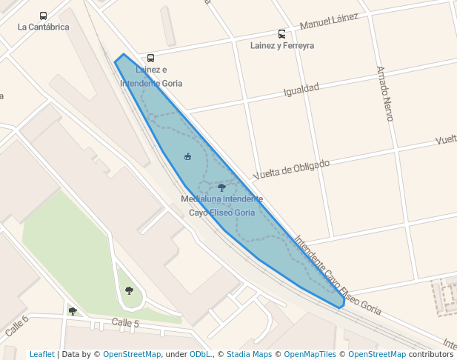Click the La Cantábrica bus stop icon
(43, 16)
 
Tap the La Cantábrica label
(43, 27)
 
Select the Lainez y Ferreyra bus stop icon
(281, 34)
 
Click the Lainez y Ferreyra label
(282, 46)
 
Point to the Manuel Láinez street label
(329, 22)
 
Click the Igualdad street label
(301, 90)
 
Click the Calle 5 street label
(125, 323)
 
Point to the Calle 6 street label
(16, 327)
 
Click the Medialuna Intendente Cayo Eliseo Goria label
(221, 206)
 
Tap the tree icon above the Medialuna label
(221, 188)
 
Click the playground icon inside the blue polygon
(187, 156)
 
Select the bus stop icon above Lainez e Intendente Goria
(151, 58)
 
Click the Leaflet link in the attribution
(42, 354)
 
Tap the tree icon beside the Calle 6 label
(73, 311)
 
